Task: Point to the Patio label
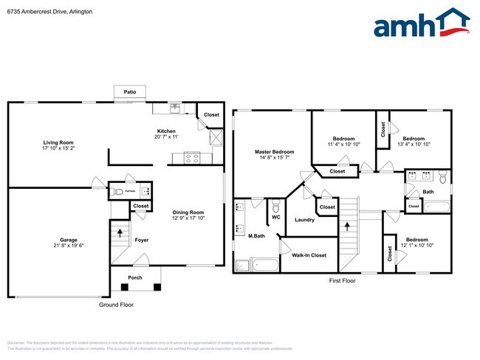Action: pyautogui.click(x=130, y=92)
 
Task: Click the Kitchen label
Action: pyautogui.click(x=166, y=131)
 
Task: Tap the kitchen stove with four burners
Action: pyautogui.click(x=192, y=156)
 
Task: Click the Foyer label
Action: pyautogui.click(x=142, y=240)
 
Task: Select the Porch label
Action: pyautogui.click(x=135, y=278)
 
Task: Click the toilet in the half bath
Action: pyautogui.click(x=119, y=192)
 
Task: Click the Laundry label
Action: pyautogui.click(x=304, y=220)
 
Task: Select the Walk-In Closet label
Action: pyautogui.click(x=309, y=255)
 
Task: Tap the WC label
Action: pyautogui.click(x=275, y=218)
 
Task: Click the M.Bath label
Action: pyautogui.click(x=256, y=236)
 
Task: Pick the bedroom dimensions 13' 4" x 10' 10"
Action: pyautogui.click(x=416, y=145)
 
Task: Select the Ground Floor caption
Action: pyautogui.click(x=117, y=305)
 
